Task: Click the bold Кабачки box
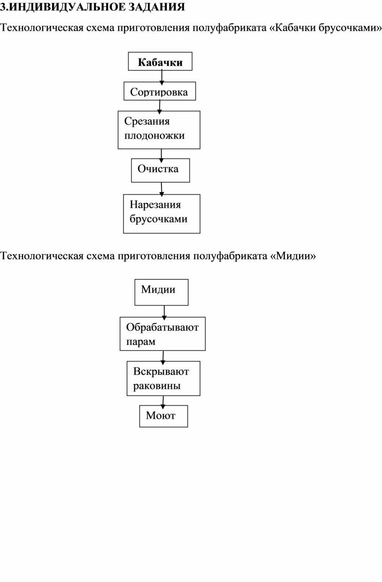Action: (160, 61)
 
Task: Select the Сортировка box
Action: (160, 91)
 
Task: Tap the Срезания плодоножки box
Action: (159, 130)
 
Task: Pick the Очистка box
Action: (161, 170)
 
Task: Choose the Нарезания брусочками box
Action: (162, 214)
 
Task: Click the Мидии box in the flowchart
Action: (162, 292)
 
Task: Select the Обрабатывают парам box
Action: (163, 334)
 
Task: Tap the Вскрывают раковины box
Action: (163, 378)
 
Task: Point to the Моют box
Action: (163, 416)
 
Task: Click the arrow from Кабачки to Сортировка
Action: (162, 77)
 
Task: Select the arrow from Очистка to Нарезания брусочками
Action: (162, 189)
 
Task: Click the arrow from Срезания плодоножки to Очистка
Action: (161, 156)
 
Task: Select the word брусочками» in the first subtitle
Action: (350, 28)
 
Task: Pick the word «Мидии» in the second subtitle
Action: (293, 256)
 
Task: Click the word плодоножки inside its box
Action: (154, 135)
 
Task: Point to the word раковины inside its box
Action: (157, 386)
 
